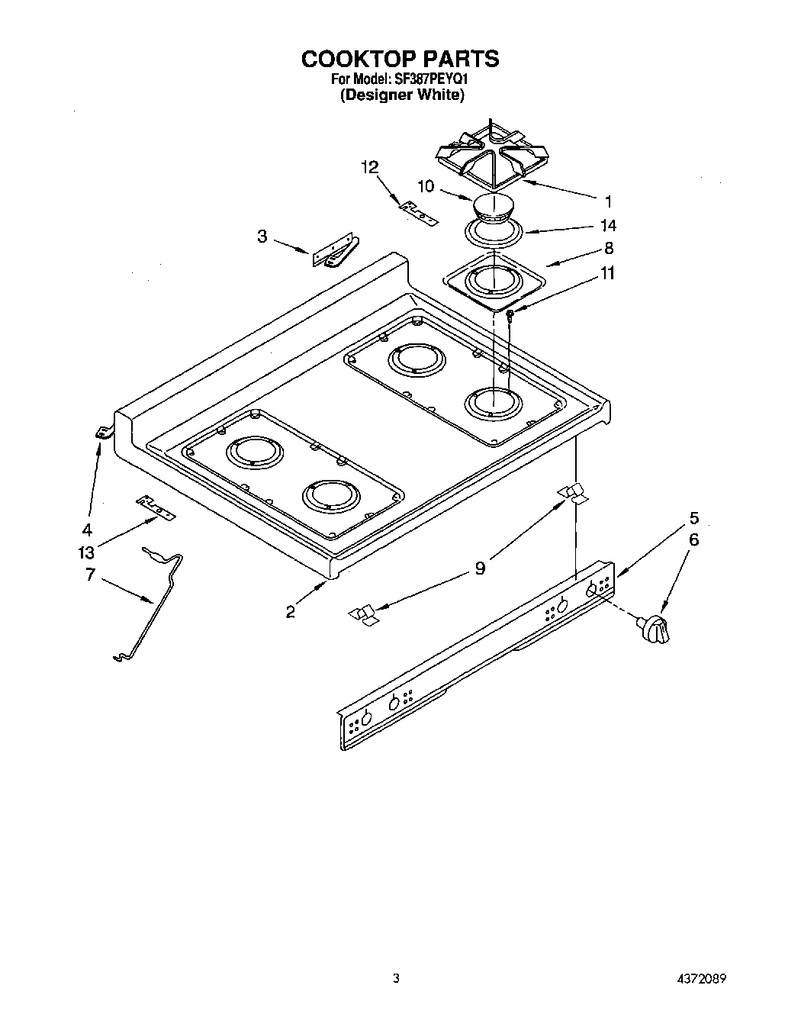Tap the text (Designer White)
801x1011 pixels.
tap(401, 95)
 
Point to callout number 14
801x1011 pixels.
tap(608, 226)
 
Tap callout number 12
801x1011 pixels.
tap(370, 167)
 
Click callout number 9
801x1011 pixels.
tap(480, 568)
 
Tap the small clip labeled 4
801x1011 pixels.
tap(101, 433)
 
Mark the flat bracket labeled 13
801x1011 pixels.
tap(156, 506)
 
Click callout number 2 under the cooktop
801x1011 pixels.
tap(291, 611)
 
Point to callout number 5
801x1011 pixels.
tap(693, 518)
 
